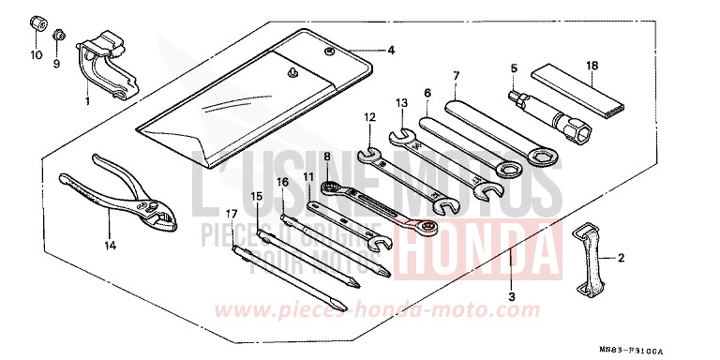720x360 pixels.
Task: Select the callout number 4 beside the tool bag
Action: point(392,50)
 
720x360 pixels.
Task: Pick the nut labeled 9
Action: point(58,36)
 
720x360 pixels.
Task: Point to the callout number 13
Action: point(400,102)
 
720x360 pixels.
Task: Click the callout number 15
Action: point(257,195)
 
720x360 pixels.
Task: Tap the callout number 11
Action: point(308,176)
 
